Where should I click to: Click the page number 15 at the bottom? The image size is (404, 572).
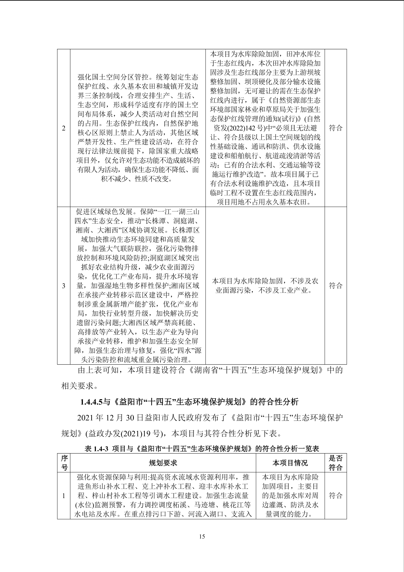coord(202,536)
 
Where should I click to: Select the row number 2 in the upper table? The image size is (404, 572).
coord(64,128)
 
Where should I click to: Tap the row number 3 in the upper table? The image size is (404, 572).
coord(64,286)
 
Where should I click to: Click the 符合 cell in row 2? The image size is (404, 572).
coord(336,128)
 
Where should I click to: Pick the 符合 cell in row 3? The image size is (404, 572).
coord(336,285)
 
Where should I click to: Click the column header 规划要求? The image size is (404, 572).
coord(163,463)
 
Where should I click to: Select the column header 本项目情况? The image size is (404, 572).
coord(290,463)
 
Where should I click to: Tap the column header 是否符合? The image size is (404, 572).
coord(336,463)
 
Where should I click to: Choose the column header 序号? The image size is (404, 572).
coord(64,463)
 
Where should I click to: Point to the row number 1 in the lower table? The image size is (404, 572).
coord(64,496)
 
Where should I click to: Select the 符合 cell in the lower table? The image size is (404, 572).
coord(336,496)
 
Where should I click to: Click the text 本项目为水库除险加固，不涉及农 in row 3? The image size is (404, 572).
coord(265,281)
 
